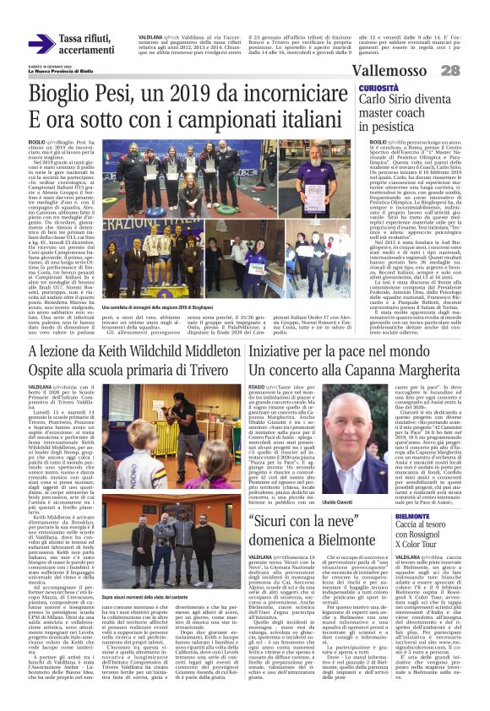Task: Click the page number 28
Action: [x=472, y=71]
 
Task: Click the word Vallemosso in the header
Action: [x=413, y=71]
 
